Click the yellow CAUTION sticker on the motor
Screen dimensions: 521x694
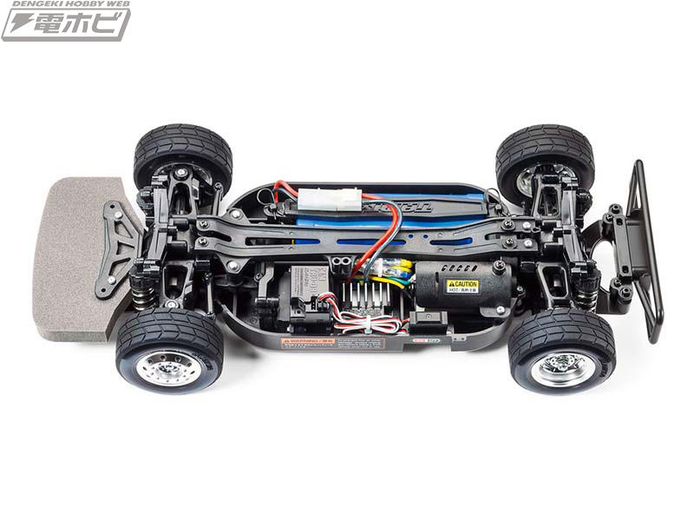point(462,286)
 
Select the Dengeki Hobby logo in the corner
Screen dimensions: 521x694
point(66,20)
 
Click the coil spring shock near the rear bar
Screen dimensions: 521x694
point(586,295)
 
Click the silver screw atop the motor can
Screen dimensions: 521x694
point(499,264)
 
